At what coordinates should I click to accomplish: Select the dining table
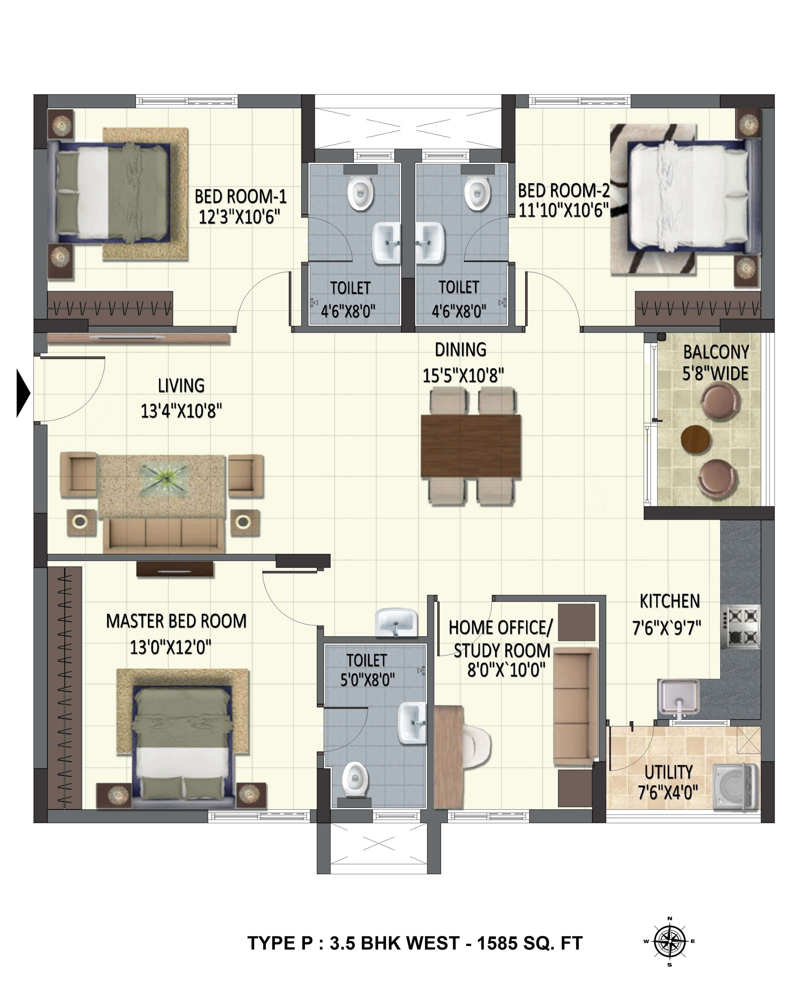click(470, 446)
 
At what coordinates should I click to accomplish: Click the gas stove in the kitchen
click(740, 626)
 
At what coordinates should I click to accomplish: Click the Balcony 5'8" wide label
click(715, 363)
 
